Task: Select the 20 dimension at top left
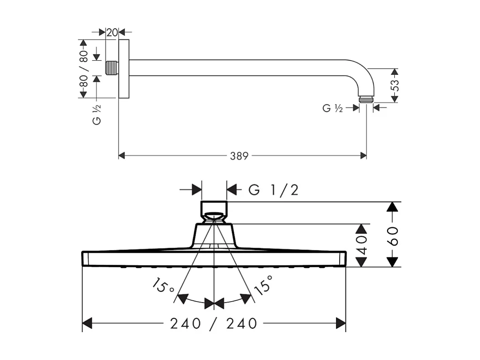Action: click(112, 32)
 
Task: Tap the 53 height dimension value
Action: click(395, 85)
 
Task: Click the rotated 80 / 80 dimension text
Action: click(83, 68)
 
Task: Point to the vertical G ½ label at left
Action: click(97, 114)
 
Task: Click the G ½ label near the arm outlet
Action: click(332, 108)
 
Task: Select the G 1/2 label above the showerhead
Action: click(274, 190)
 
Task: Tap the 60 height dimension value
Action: click(392, 235)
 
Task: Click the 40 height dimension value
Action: click(361, 245)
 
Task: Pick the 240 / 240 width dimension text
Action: click(214, 324)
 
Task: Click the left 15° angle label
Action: click(164, 287)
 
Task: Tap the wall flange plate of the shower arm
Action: click(124, 68)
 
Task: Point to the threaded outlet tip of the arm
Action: click(366, 99)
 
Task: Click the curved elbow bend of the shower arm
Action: click(360, 71)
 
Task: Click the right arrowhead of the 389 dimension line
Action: click(363, 156)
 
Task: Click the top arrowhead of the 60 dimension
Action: click(392, 206)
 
